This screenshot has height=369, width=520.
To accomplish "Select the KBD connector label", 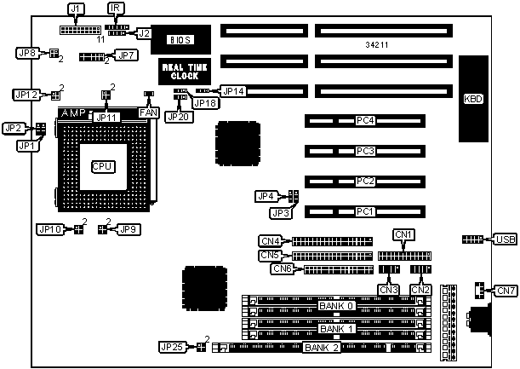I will tap(472, 99).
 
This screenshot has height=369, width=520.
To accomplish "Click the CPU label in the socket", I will tap(102, 165).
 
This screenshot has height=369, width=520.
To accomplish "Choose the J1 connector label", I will tap(76, 9).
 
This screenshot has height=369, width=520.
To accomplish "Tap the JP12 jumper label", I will tap(26, 94).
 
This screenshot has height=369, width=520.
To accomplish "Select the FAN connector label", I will tap(147, 112).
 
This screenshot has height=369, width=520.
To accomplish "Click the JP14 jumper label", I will tap(233, 89).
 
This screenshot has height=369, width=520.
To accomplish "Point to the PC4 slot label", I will tap(365, 120).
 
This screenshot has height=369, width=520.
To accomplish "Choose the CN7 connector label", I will tap(506, 291).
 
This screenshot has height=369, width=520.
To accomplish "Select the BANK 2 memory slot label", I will tap(322, 348).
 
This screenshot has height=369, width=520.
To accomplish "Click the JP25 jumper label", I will tap(171, 347).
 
